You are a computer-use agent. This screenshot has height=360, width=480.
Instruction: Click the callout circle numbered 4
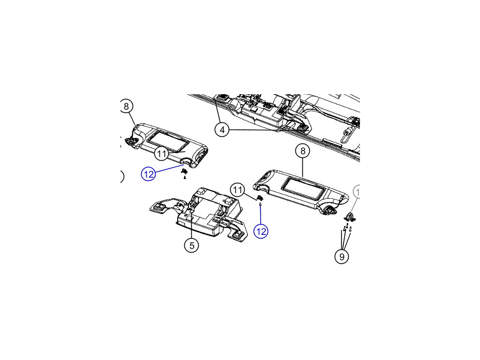click(x=222, y=129)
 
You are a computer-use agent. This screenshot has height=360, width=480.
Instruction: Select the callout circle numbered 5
click(x=191, y=245)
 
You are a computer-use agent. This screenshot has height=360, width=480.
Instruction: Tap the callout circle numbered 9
click(x=342, y=256)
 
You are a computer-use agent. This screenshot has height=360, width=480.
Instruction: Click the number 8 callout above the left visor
click(x=126, y=106)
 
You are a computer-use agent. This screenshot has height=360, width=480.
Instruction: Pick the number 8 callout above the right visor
click(x=303, y=151)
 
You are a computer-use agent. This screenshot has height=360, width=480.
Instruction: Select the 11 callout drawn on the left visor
click(x=162, y=153)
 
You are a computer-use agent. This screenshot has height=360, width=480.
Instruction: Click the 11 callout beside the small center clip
click(x=238, y=190)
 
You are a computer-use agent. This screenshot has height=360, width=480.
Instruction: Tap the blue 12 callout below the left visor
click(x=148, y=174)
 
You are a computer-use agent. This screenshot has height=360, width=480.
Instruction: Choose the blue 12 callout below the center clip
click(x=261, y=231)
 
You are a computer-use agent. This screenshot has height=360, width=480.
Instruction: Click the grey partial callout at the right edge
click(x=357, y=192)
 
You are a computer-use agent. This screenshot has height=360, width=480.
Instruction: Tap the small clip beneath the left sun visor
click(x=184, y=173)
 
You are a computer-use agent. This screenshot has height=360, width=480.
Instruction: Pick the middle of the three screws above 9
click(x=346, y=229)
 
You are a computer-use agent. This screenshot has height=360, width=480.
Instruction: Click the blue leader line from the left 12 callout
click(x=169, y=169)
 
